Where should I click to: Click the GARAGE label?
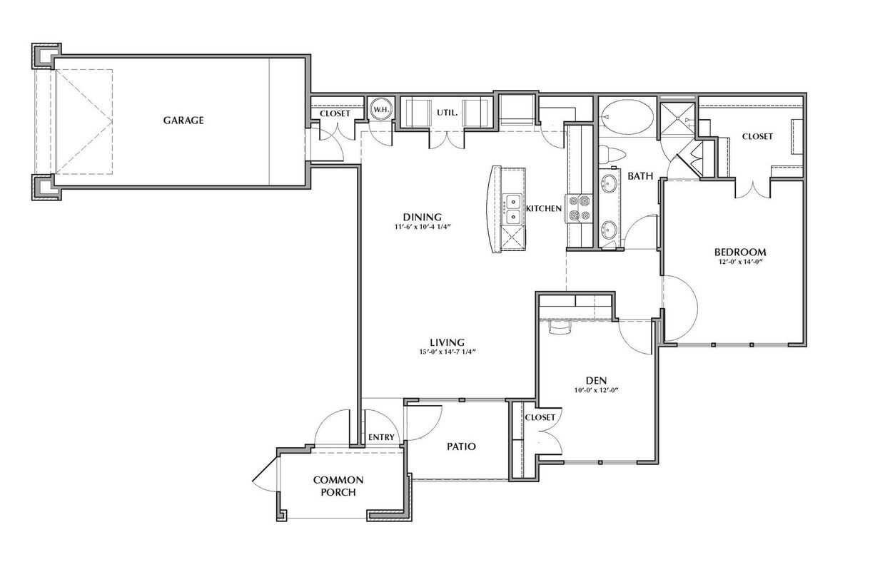click(183, 121)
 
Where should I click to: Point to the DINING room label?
click(422, 218)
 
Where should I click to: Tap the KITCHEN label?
click(544, 208)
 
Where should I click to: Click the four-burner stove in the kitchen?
click(580, 208)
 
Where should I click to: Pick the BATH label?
click(640, 176)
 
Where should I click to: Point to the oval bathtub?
click(626, 115)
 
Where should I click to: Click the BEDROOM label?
click(740, 252)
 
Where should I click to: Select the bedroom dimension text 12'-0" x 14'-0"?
click(740, 262)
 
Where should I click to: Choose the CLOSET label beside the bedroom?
click(757, 136)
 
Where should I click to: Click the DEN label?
click(595, 380)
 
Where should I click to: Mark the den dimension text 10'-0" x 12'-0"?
click(595, 390)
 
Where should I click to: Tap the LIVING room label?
click(447, 342)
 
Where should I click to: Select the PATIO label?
click(461, 446)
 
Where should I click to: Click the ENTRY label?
click(381, 437)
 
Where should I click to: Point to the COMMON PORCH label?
click(338, 486)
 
